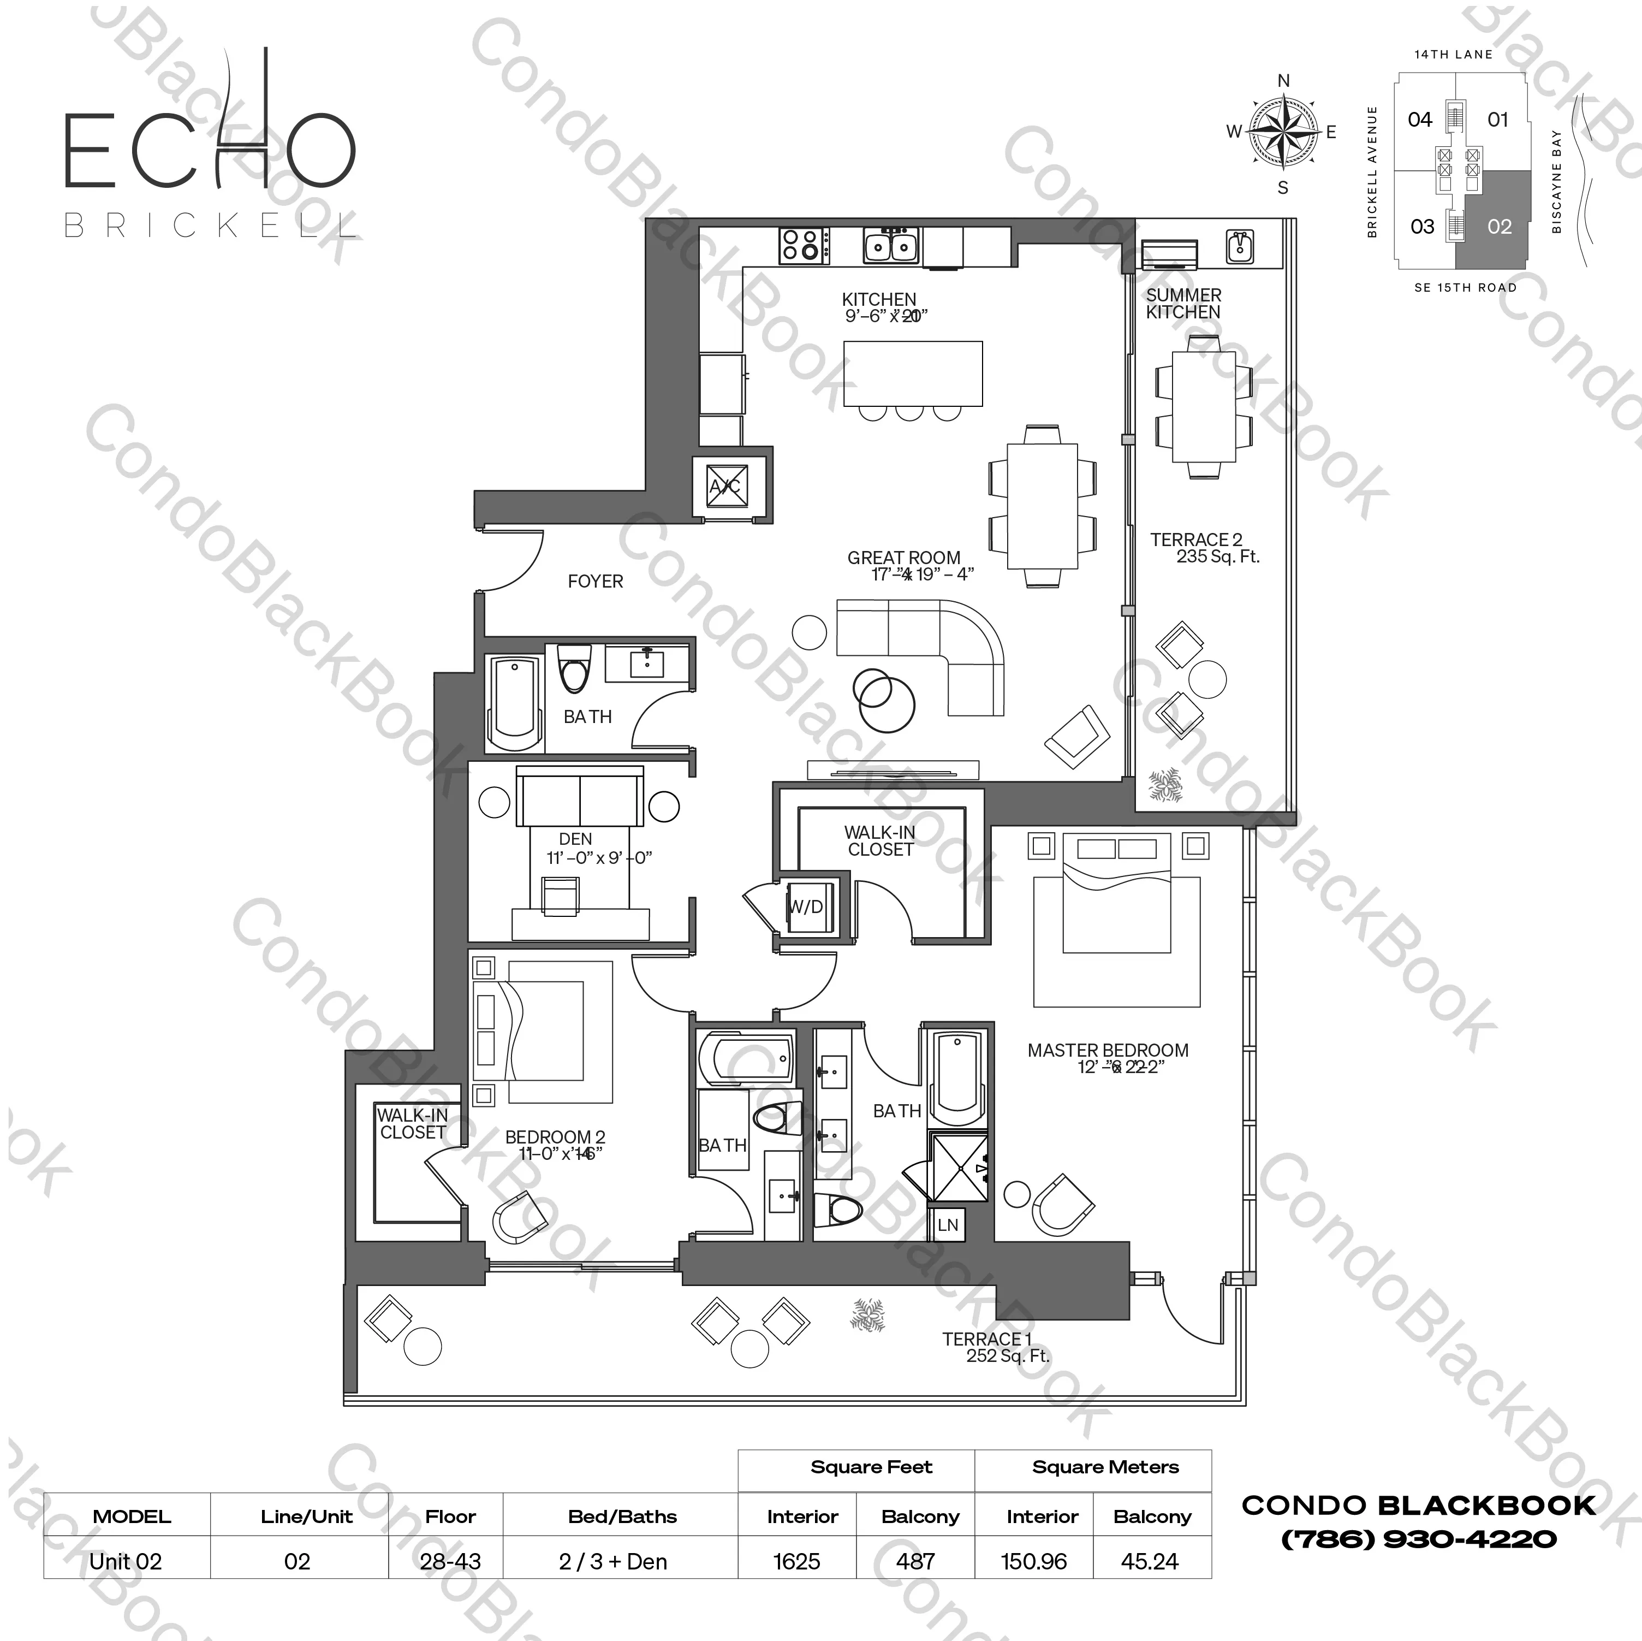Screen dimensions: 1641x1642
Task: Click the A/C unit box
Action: [x=725, y=487]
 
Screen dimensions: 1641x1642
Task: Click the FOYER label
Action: [x=595, y=582]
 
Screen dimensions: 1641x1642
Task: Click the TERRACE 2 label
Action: [x=1196, y=540]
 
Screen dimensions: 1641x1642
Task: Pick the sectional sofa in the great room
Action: [x=926, y=646]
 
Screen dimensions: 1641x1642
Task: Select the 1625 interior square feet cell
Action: [x=796, y=1562]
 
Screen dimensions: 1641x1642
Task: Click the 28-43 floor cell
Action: [x=450, y=1562]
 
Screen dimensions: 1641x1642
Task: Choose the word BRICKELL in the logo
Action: [x=210, y=226]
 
